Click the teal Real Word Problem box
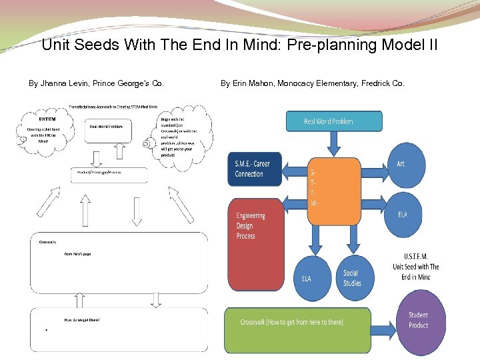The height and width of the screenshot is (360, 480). coord(334,121)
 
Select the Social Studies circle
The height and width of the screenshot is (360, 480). coord(352,279)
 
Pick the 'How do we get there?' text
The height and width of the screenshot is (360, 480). coord(82,320)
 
